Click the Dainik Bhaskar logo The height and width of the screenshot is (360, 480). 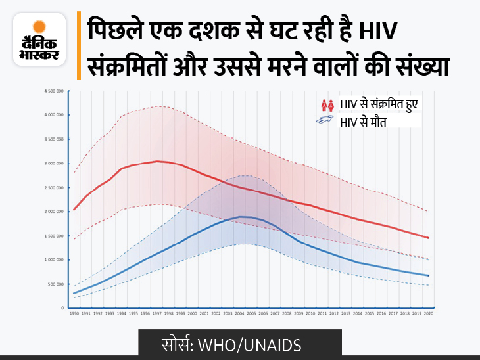point(39,39)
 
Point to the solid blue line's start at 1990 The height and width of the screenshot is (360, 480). point(74,293)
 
